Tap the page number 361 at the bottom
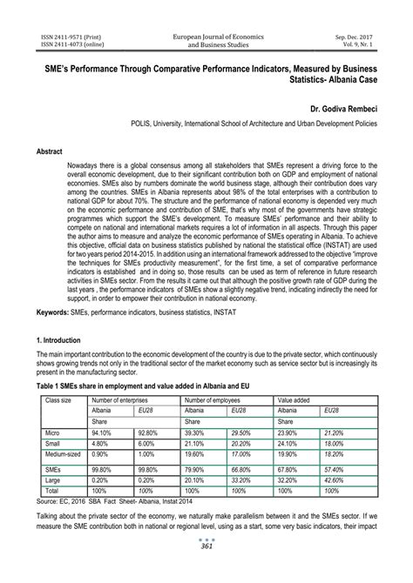pyautogui.click(x=206, y=570)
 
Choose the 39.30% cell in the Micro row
pyautogui.click(x=195, y=431)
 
